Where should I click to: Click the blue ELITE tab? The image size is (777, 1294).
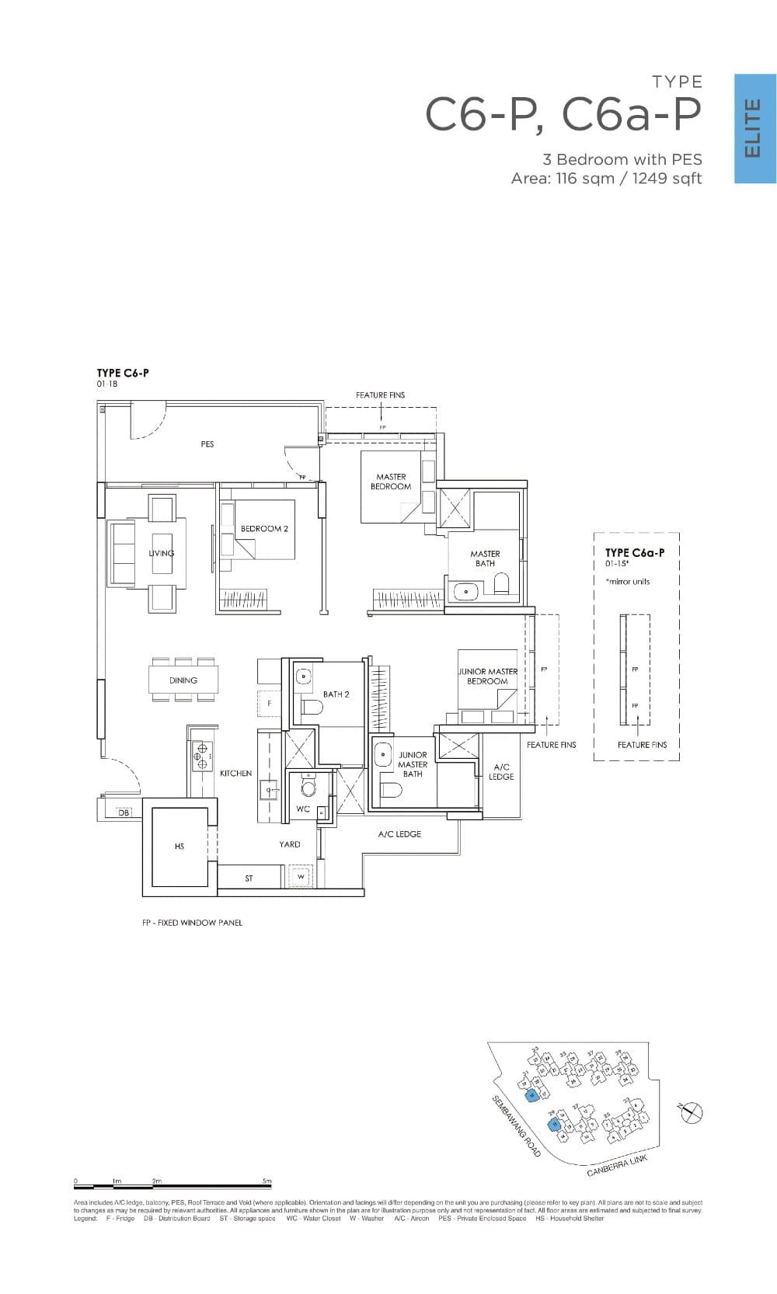click(755, 129)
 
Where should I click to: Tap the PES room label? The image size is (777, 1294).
click(207, 444)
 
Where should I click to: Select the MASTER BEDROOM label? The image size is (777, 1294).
click(391, 482)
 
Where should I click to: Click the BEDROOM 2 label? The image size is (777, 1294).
click(264, 529)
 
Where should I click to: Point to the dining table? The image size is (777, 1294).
click(183, 680)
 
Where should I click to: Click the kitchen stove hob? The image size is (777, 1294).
click(202, 753)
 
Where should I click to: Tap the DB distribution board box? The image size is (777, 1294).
click(124, 812)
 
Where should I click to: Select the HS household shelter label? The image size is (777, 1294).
click(179, 846)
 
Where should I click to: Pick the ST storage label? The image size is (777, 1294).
click(249, 878)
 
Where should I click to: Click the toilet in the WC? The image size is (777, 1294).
click(309, 788)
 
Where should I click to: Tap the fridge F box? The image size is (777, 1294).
click(269, 702)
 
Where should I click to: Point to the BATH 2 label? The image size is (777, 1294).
click(336, 694)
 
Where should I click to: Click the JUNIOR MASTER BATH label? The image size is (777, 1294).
click(413, 764)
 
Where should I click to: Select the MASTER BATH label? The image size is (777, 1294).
click(485, 558)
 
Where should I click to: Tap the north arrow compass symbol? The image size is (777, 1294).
click(691, 1114)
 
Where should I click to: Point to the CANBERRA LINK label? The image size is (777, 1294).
click(617, 1165)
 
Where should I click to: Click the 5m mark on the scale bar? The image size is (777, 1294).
click(267, 1181)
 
